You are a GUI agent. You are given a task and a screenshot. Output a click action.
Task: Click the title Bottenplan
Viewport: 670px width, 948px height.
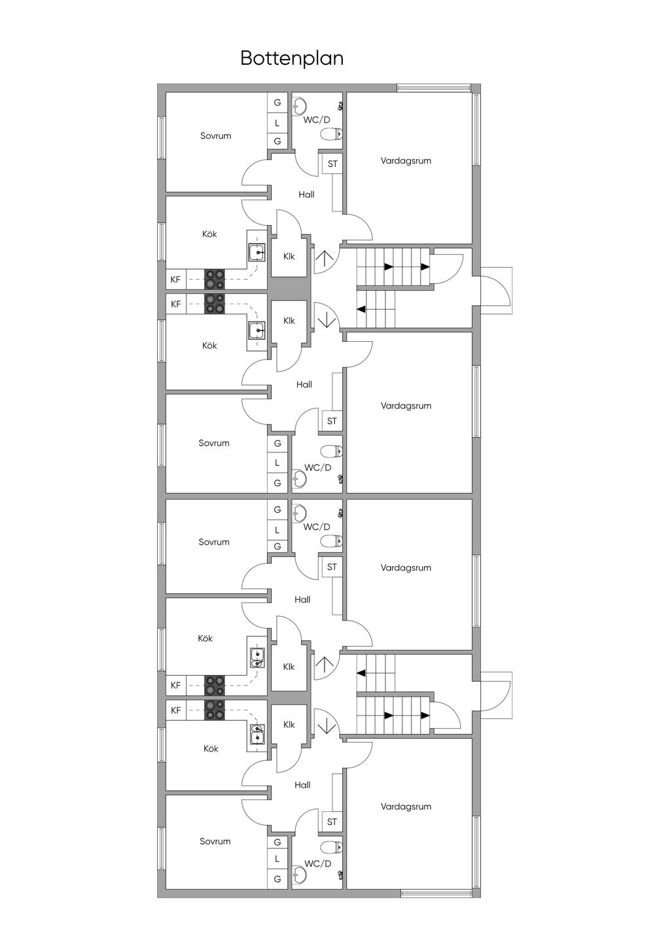click(x=292, y=58)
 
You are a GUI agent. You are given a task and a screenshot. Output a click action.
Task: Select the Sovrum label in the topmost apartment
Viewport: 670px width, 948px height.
click(x=215, y=136)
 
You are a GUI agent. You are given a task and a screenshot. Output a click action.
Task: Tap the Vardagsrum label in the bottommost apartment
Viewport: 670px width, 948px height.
click(x=406, y=807)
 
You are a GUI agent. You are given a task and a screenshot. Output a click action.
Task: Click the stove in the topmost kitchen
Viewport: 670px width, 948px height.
click(x=214, y=280)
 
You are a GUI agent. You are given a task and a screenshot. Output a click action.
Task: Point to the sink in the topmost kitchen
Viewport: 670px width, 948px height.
click(x=256, y=252)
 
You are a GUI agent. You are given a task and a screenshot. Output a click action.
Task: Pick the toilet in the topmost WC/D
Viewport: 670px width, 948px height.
click(x=331, y=135)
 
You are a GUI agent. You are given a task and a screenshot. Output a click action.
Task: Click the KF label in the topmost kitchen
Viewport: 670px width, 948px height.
click(x=175, y=280)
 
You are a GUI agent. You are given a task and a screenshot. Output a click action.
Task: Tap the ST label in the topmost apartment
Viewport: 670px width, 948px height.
click(x=332, y=164)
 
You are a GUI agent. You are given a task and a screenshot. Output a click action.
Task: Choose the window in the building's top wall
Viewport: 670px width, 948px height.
click(x=434, y=88)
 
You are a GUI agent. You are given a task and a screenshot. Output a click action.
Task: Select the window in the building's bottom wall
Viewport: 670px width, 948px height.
click(x=436, y=893)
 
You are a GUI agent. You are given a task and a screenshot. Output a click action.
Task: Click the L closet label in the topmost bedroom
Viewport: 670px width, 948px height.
click(x=277, y=122)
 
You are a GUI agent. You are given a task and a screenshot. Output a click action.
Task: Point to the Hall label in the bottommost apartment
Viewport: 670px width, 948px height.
click(x=302, y=784)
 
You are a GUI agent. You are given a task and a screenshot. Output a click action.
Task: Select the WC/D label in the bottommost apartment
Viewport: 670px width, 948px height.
click(x=318, y=864)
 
